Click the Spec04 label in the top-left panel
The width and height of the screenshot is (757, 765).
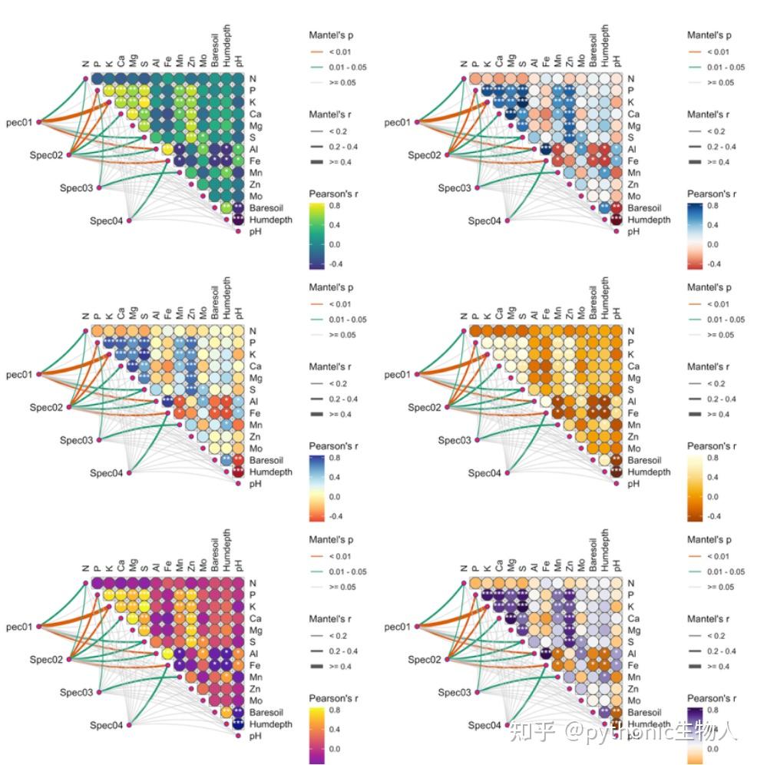(108, 221)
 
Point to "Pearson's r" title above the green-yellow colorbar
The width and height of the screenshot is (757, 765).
(332, 194)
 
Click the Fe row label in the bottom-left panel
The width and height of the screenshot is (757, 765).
(256, 666)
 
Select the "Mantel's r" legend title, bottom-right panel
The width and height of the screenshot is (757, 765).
(711, 618)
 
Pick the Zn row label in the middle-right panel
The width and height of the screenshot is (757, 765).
(635, 436)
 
